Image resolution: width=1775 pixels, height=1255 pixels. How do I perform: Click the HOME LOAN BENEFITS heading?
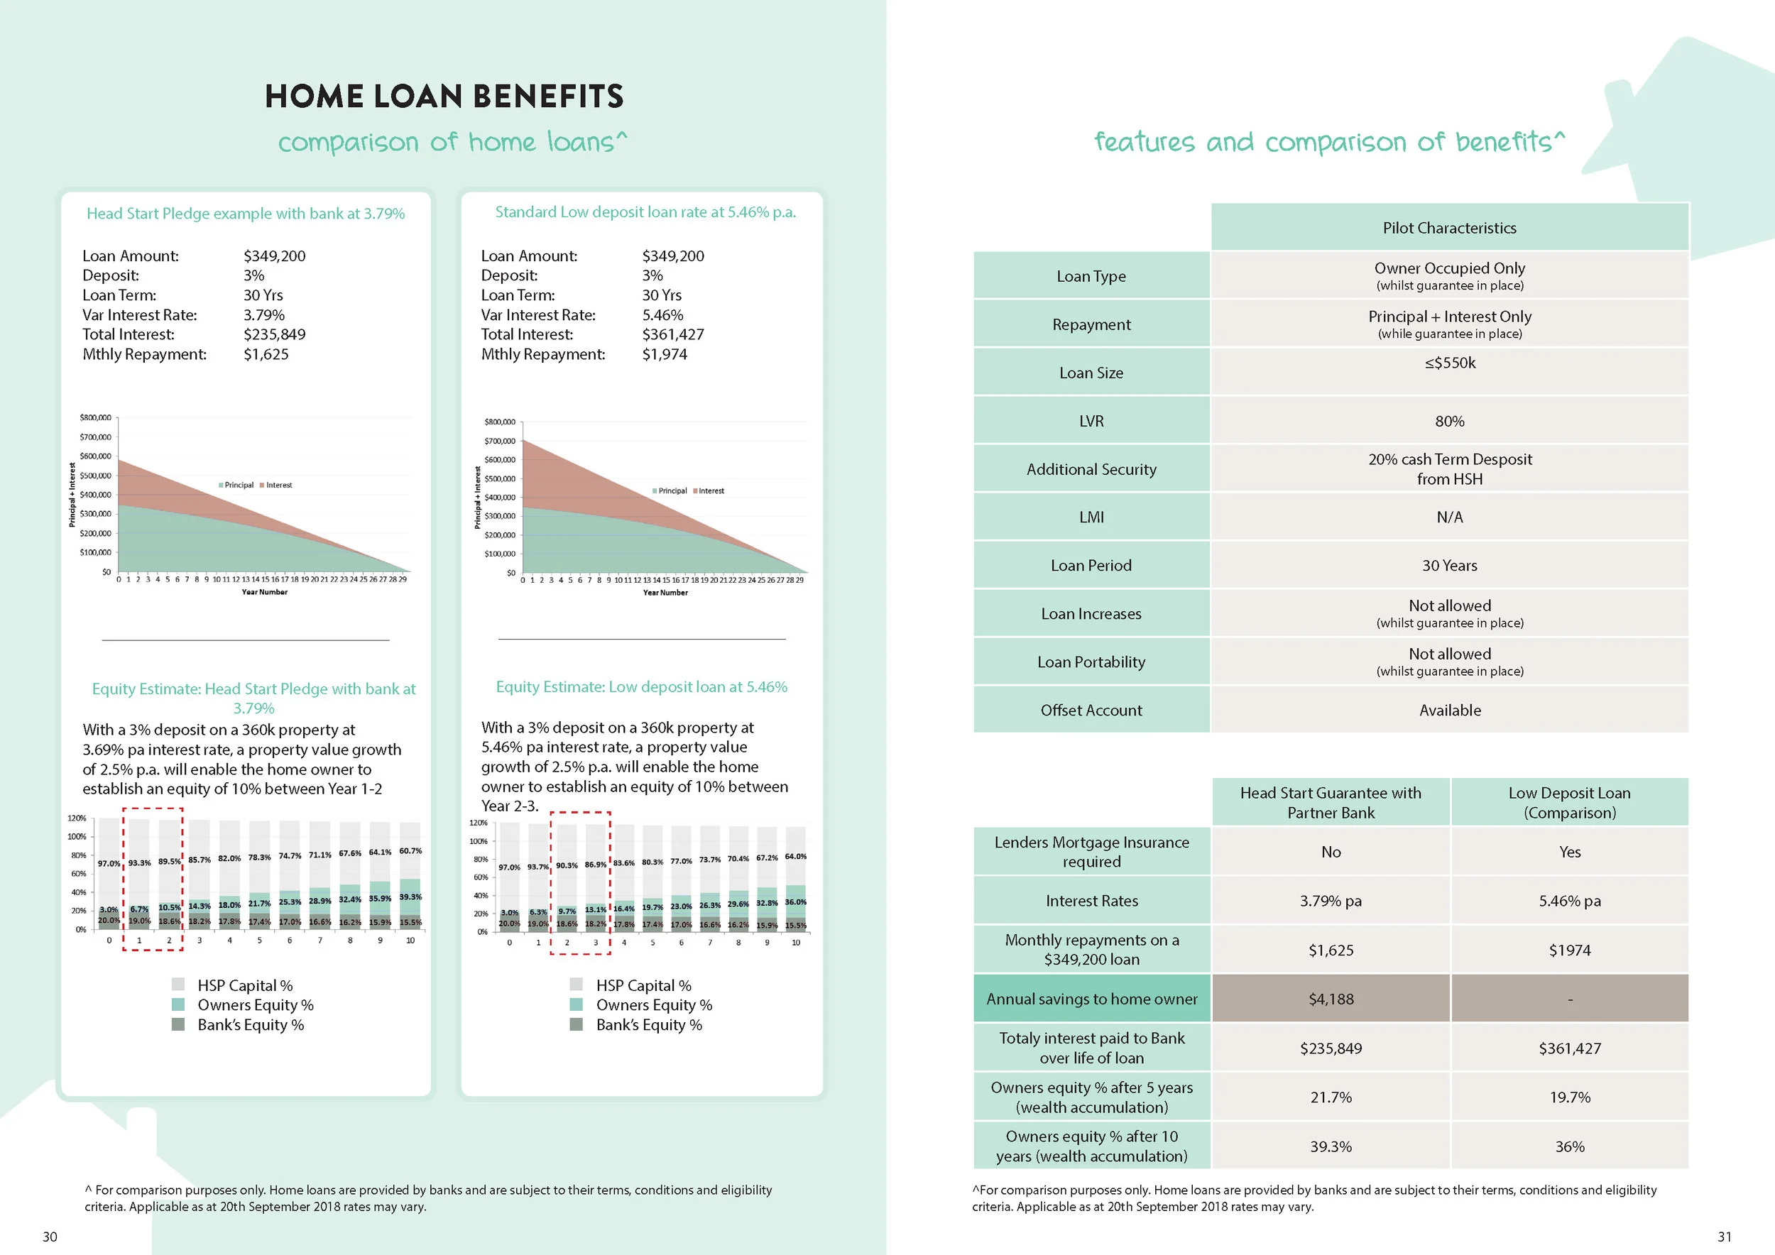pyautogui.click(x=444, y=97)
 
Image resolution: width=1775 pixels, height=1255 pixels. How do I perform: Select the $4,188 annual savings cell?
pyautogui.click(x=1331, y=999)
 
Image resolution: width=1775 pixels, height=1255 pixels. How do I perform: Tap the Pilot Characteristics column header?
pyautogui.click(x=1449, y=228)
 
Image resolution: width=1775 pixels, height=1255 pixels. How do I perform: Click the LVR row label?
pyautogui.click(x=1091, y=421)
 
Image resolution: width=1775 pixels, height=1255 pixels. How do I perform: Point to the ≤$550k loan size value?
pyautogui.click(x=1450, y=363)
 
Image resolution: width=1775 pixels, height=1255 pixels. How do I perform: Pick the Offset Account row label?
pyautogui.click(x=1091, y=710)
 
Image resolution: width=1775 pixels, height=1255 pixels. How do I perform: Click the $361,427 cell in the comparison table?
pyautogui.click(x=1569, y=1048)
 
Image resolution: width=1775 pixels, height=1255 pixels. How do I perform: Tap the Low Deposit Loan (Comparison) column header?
pyautogui.click(x=1569, y=802)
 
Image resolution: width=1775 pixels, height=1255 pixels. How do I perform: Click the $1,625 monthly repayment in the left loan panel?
pyautogui.click(x=266, y=355)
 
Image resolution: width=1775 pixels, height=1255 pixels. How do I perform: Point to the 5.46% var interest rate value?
pyautogui.click(x=662, y=315)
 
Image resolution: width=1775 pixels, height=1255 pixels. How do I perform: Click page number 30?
pyautogui.click(x=50, y=1237)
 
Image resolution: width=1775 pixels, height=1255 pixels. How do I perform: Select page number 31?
pyautogui.click(x=1725, y=1237)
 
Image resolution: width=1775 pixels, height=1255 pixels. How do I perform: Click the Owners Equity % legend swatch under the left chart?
pyautogui.click(x=177, y=1004)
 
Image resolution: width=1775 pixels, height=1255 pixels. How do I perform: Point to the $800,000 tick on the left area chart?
pyautogui.click(x=95, y=418)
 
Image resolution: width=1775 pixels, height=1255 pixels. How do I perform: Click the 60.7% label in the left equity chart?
pyautogui.click(x=410, y=851)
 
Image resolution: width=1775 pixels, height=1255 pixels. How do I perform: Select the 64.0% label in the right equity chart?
pyautogui.click(x=795, y=856)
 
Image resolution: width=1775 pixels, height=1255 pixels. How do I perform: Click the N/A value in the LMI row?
pyautogui.click(x=1450, y=517)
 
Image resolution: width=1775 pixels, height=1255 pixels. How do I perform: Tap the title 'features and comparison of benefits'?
pyautogui.click(x=1330, y=142)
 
